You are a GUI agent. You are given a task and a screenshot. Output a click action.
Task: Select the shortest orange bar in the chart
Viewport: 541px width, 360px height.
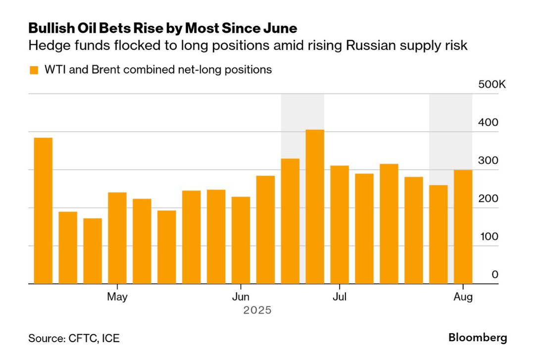(93, 251)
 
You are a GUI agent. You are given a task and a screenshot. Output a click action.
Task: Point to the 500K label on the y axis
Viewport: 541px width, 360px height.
(492, 85)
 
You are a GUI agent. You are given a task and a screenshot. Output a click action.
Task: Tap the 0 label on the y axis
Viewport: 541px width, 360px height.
(495, 275)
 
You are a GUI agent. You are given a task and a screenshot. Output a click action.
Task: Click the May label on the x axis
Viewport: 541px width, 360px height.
(117, 297)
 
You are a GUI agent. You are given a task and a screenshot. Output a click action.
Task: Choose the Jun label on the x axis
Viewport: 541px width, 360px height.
(241, 297)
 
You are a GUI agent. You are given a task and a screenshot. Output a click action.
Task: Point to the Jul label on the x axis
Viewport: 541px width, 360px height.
(340, 297)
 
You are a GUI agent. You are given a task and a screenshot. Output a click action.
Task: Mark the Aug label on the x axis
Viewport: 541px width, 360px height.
(463, 297)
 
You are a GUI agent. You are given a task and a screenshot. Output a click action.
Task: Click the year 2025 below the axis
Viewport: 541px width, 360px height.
(257, 310)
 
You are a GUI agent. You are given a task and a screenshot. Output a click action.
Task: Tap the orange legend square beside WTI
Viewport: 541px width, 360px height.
(34, 70)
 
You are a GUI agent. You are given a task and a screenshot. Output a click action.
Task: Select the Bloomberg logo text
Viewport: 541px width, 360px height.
(478, 338)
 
